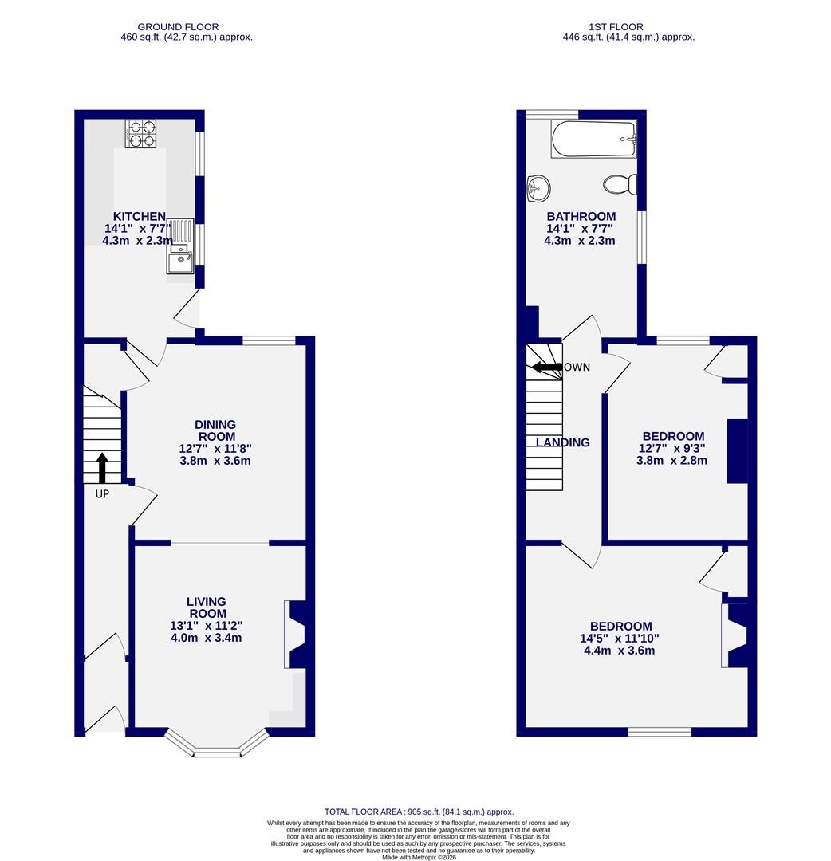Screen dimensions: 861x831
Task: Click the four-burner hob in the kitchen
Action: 140,133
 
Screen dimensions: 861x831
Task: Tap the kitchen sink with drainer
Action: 180,246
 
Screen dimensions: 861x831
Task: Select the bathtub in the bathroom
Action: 593,139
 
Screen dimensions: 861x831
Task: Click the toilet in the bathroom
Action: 620,185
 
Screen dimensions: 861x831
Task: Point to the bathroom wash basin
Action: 538,189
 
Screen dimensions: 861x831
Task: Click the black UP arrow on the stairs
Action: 102,468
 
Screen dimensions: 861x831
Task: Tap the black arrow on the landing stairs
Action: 547,368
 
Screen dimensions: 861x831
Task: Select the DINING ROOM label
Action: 215,431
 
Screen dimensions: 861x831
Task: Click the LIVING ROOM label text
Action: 207,607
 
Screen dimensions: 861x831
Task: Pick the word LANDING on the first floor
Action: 563,442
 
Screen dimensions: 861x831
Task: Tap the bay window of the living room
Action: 216,746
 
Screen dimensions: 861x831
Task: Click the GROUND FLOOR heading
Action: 178,27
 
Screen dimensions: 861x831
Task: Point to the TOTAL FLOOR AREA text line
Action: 419,812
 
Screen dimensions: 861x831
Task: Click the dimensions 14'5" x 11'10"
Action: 620,639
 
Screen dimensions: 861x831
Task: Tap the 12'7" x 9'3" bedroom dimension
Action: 672,448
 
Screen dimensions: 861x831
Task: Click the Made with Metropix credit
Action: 419,857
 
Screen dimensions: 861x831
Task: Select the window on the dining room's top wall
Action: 269,341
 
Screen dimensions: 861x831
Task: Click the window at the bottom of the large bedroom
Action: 660,732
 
